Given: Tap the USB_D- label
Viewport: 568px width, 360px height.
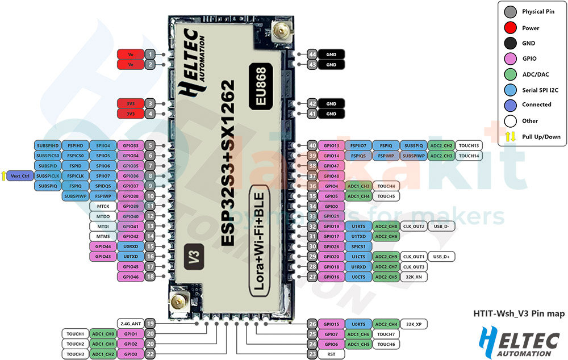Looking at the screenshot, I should pos(441,226).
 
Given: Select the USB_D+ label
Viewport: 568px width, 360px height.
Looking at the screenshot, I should pos(441,257).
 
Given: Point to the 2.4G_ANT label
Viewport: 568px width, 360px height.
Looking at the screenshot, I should pos(130,324).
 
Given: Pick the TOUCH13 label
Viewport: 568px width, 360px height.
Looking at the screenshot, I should pos(469,145).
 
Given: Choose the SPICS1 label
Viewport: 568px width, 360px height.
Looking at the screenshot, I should pos(358,246).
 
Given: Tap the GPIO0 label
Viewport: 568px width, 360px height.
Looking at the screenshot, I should pos(331,206).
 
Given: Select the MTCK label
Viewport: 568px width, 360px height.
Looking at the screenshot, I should pos(103,206).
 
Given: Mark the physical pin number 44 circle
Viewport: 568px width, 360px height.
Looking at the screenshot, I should pos(312,54).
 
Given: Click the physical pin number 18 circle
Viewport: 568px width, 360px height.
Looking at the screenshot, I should pos(149,277).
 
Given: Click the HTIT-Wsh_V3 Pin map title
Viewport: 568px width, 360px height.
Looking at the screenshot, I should pos(519,313).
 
